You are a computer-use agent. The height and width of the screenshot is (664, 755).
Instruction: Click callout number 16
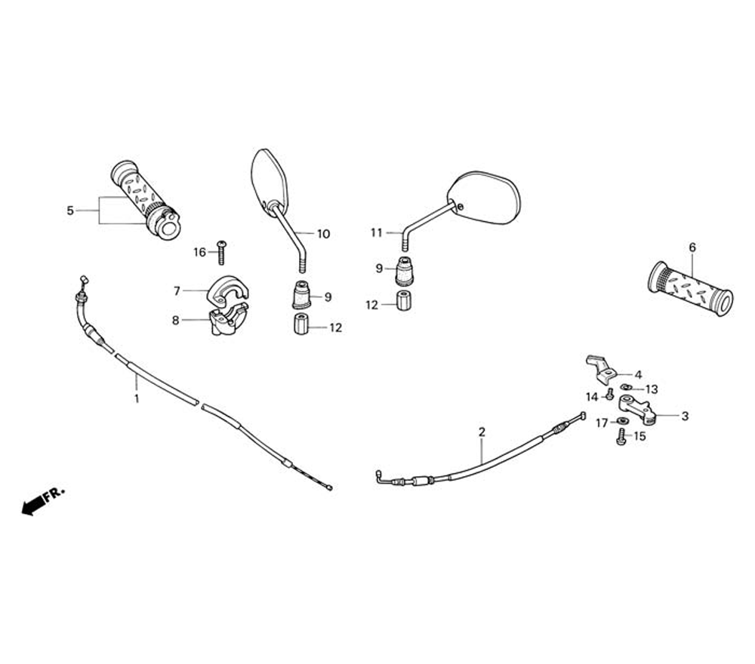pyautogui.click(x=199, y=252)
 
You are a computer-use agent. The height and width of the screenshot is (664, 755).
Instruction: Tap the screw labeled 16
pyautogui.click(x=222, y=252)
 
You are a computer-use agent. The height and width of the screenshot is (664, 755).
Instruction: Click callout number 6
pyautogui.click(x=692, y=247)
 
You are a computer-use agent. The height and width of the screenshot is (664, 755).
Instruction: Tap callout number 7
pyautogui.click(x=177, y=290)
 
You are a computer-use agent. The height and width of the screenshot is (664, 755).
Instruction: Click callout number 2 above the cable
pyautogui.click(x=482, y=432)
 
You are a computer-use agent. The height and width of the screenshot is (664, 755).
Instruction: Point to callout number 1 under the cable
pyautogui.click(x=137, y=398)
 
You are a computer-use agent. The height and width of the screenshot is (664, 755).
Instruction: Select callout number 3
pyautogui.click(x=685, y=415)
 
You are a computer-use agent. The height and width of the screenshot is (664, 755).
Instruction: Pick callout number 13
pyautogui.click(x=652, y=389)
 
